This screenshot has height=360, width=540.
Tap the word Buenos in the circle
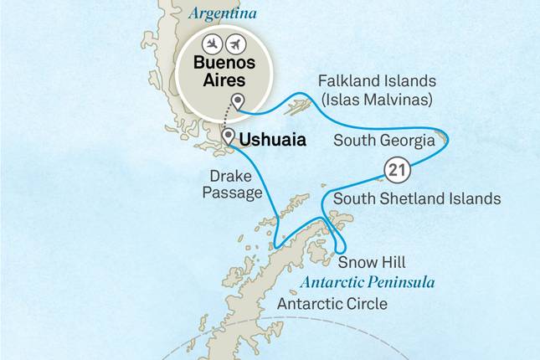(x=224, y=62)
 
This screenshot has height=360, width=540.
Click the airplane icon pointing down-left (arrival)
(x=213, y=43)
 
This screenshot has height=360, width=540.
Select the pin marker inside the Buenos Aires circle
(x=239, y=103)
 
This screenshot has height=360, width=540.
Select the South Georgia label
(x=383, y=141)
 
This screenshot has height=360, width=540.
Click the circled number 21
(x=396, y=172)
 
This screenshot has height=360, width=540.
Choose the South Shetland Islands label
(x=417, y=199)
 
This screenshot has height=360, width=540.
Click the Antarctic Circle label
(x=332, y=303)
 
